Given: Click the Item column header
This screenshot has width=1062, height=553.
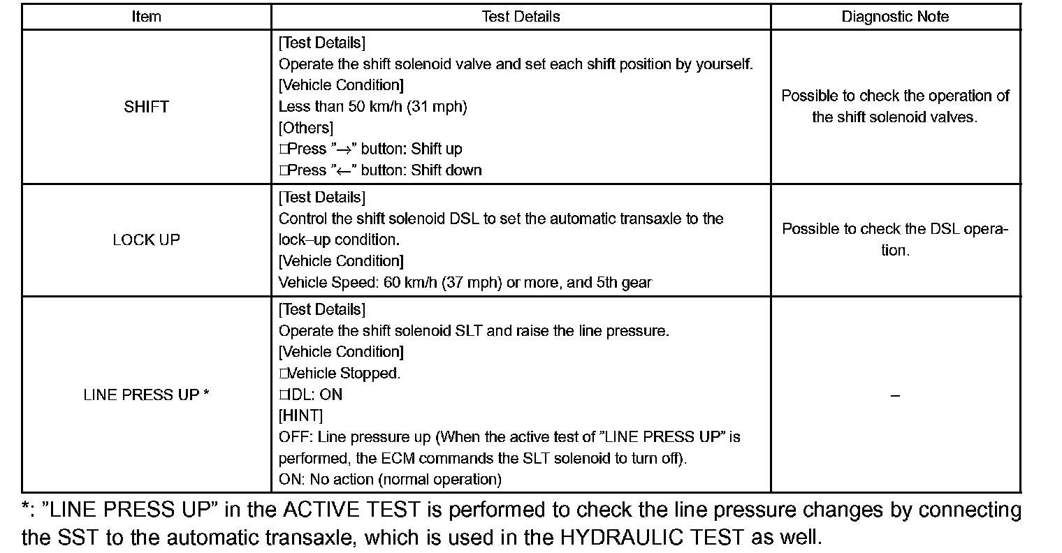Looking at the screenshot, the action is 146,17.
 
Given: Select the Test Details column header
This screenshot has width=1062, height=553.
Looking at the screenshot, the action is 521,17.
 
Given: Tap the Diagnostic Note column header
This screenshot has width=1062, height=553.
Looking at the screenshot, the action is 895,17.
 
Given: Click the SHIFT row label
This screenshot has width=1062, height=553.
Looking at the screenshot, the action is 146,107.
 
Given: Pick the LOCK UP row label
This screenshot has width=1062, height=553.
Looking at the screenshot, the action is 146,240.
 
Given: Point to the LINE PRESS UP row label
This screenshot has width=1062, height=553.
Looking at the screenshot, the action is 146,395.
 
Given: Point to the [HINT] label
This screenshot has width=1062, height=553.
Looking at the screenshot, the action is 300,416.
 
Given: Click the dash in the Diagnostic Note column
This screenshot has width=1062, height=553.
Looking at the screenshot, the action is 895,396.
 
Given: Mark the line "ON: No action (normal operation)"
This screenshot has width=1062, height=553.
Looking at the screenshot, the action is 390,480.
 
